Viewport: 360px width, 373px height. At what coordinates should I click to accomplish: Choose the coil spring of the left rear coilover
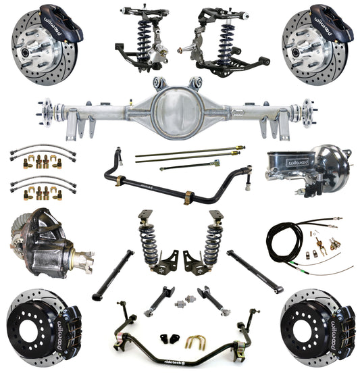pos(149,243)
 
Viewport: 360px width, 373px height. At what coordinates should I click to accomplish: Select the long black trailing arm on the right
pos(254,270)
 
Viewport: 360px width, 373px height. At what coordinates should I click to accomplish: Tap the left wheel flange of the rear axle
pos(47,108)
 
